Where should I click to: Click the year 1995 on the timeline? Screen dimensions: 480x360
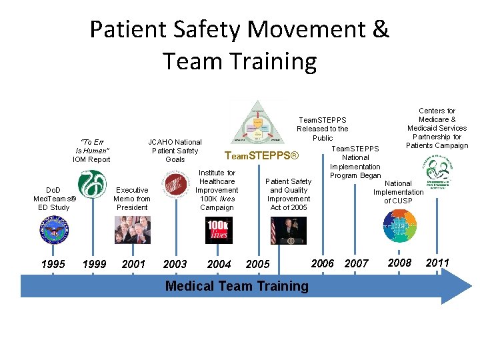pyautogui.click(x=53, y=264)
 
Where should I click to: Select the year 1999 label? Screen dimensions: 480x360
pyautogui.click(x=94, y=264)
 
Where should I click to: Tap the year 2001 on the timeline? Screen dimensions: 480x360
pyautogui.click(x=134, y=264)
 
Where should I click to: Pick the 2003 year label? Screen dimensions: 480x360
pyautogui.click(x=175, y=264)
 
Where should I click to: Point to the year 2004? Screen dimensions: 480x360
pyautogui.click(x=219, y=264)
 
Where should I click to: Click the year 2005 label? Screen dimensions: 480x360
pyautogui.click(x=258, y=264)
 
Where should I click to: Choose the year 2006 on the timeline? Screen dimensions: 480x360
pyautogui.click(x=323, y=263)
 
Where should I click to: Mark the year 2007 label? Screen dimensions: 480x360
pyautogui.click(x=356, y=263)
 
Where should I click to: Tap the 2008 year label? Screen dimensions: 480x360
pyautogui.click(x=400, y=263)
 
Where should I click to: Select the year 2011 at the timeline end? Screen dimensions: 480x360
pyautogui.click(x=437, y=263)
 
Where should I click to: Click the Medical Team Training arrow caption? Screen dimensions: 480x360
pyautogui.click(x=237, y=286)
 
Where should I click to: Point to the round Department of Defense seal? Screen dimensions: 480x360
pyautogui.click(x=53, y=231)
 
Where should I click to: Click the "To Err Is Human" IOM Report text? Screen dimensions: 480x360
pyautogui.click(x=91, y=151)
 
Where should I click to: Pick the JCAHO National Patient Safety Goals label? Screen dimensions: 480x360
pyautogui.click(x=175, y=151)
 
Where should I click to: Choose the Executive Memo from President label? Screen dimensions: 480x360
pyautogui.click(x=132, y=199)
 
